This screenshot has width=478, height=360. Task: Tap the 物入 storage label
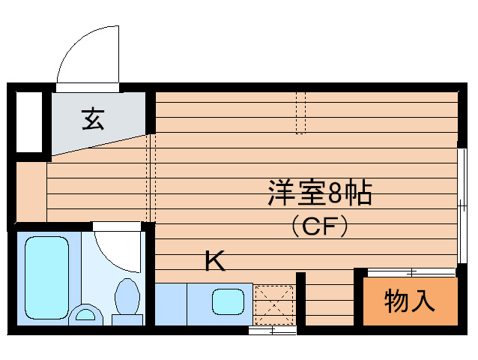(x=409, y=301)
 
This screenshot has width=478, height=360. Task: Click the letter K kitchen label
(x=215, y=262)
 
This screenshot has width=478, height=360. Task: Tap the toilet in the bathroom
(x=127, y=300)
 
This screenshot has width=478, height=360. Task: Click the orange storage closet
(x=409, y=301)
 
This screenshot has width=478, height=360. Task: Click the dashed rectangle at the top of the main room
(x=300, y=112)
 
